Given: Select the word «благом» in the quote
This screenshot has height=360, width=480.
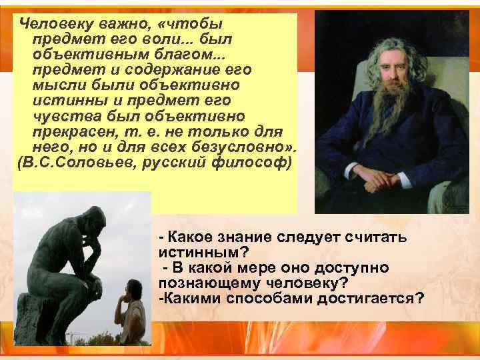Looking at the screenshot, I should coord(183,54).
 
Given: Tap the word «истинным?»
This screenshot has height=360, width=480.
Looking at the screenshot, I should coord(202,253).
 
